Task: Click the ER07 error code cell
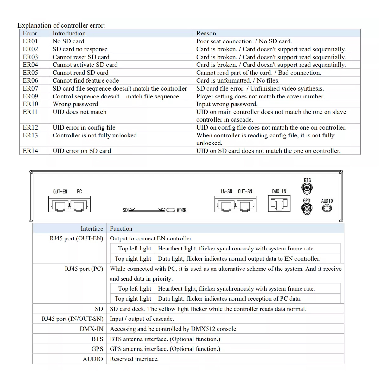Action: (30, 88)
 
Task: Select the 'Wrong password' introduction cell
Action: (75, 104)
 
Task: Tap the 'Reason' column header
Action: (206, 33)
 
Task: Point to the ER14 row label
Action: (30, 151)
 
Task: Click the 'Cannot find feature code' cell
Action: (85, 80)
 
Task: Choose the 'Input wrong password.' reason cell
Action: (227, 104)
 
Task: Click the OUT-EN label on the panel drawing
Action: (60, 192)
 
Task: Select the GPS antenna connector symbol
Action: (307, 209)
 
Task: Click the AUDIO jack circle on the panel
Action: (327, 209)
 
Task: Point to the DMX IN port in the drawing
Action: (279, 203)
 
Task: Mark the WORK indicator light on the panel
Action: (171, 210)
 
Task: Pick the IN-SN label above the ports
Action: (226, 192)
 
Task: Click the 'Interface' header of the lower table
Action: (92, 229)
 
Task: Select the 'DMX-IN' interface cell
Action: (92, 329)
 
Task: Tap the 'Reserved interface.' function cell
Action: (134, 359)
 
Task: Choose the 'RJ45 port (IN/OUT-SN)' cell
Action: (73, 319)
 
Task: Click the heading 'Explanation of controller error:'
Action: (61, 25)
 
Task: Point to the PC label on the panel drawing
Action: (79, 192)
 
